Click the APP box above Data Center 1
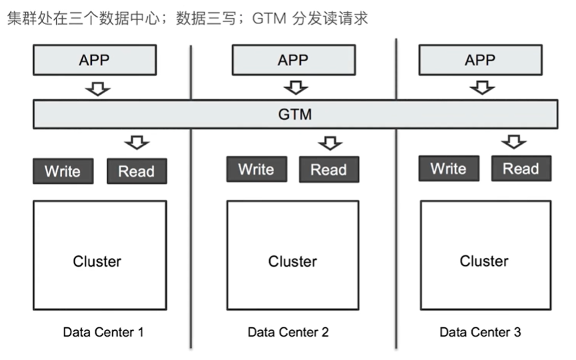pyautogui.click(x=94, y=60)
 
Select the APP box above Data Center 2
pyautogui.click(x=293, y=60)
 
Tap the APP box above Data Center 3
pyautogui.click(x=480, y=60)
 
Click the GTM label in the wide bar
pyautogui.click(x=295, y=114)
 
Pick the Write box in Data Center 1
pyautogui.click(x=63, y=171)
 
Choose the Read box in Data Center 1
pyautogui.click(x=137, y=171)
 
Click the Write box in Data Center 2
pyautogui.click(x=257, y=169)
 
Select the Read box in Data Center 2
pyautogui.click(x=329, y=169)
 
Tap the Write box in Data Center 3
pyautogui.click(x=448, y=168)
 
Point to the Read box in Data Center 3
pyautogui.click(x=521, y=168)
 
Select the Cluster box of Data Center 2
pyautogui.click(x=293, y=261)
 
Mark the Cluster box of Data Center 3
pyautogui.click(x=485, y=260)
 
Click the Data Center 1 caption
pyautogui.click(x=103, y=331)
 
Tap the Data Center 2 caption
pyautogui.click(x=288, y=331)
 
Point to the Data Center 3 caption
pyautogui.click(x=480, y=331)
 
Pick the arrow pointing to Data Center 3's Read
pyautogui.click(x=514, y=141)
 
